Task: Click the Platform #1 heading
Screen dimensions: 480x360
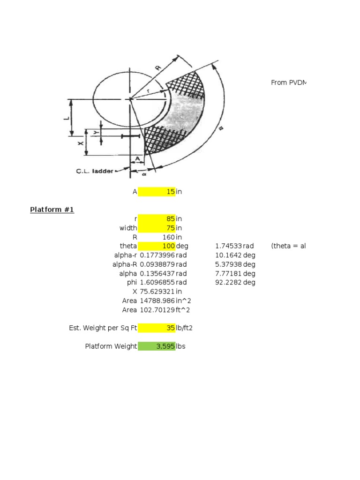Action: tap(52, 210)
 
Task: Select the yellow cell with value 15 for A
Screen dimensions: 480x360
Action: tap(157, 191)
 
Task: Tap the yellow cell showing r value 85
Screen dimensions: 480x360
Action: tap(157, 219)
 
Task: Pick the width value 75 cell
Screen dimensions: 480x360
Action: tap(157, 228)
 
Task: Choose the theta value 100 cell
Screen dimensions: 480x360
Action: tap(157, 246)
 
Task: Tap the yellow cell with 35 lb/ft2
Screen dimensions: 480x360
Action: tap(157, 328)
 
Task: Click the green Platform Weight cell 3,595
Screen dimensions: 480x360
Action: tap(157, 346)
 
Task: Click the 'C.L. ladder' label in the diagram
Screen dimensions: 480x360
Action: tap(94, 172)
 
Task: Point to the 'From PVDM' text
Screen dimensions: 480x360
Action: tap(288, 82)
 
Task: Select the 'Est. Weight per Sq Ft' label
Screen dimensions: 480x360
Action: tap(103, 328)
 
